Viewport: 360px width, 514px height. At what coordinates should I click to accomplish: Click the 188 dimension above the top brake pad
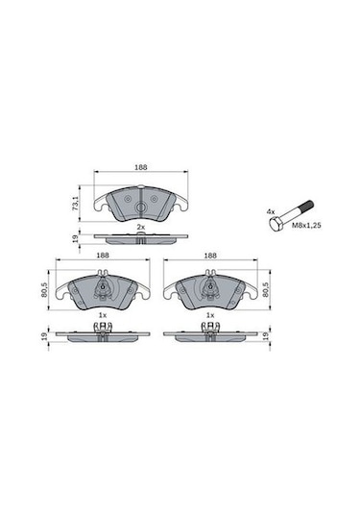click(140, 166)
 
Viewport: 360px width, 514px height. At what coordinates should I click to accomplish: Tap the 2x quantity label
click(140, 226)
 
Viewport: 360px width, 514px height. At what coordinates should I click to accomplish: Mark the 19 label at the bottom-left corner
click(43, 335)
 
